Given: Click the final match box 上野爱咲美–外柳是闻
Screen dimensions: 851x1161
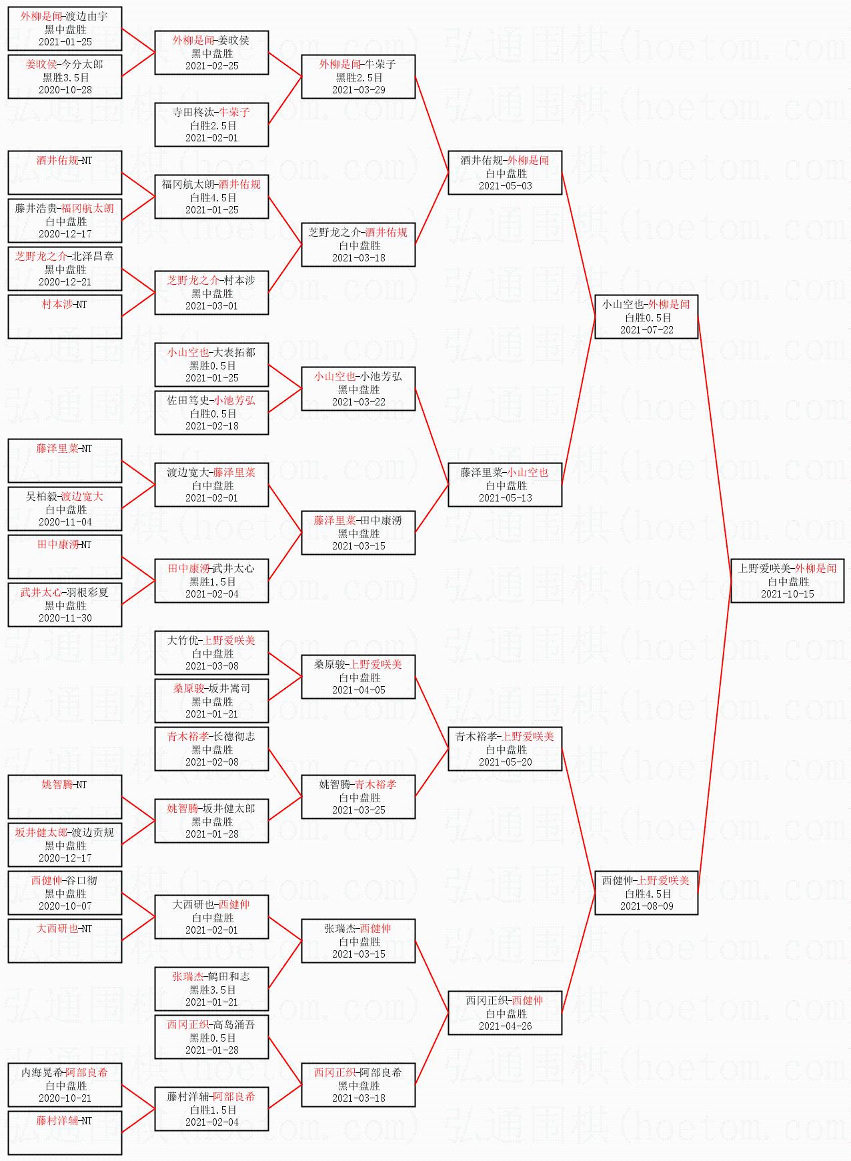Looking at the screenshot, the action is [787, 581].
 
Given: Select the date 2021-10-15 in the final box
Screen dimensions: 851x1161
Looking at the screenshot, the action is [787, 594].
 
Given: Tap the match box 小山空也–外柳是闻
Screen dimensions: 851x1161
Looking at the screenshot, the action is [646, 317].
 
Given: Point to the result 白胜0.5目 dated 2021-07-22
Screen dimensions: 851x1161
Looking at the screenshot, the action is [646, 317].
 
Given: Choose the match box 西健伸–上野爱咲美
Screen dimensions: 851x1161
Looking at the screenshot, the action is [646, 893].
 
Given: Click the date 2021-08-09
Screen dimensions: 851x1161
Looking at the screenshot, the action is [646, 906].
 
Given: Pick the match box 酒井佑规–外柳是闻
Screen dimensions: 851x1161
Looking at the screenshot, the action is [505, 173].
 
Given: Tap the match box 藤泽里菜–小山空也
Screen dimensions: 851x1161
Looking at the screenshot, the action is [505, 485].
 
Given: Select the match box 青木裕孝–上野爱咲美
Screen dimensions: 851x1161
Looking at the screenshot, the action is [505, 749].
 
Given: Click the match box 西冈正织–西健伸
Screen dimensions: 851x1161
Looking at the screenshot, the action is [505, 1013].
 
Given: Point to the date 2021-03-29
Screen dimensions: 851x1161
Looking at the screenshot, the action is [358, 90].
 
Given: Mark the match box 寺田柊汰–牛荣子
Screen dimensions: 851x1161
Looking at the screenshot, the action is [211, 125].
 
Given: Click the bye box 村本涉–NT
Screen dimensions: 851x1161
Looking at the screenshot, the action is [65, 317].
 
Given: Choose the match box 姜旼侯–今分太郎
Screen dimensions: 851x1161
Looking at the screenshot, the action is [65, 77].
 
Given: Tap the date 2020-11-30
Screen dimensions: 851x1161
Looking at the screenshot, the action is [65, 618].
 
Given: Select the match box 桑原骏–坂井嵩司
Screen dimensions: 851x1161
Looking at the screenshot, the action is [211, 701].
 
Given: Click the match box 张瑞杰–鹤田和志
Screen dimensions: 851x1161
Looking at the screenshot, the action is [211, 989].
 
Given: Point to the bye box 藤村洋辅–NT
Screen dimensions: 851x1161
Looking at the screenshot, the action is [65, 1133].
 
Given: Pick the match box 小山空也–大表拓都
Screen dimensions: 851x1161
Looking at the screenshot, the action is [211, 365].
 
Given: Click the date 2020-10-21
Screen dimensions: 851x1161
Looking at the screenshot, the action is [65, 1098].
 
